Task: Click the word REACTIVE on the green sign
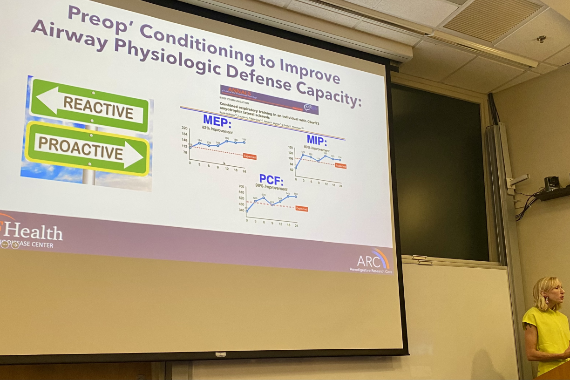point(98,107)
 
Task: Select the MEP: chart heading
point(217,121)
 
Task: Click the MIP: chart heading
point(317,140)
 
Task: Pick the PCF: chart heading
point(271,179)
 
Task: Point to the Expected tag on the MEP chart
point(250,156)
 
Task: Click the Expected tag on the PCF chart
point(302,209)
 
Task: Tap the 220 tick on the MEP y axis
point(184,128)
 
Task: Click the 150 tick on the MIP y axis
point(291,148)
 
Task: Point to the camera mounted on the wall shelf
point(552,183)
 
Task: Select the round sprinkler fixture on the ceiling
point(541,39)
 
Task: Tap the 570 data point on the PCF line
point(264,197)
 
